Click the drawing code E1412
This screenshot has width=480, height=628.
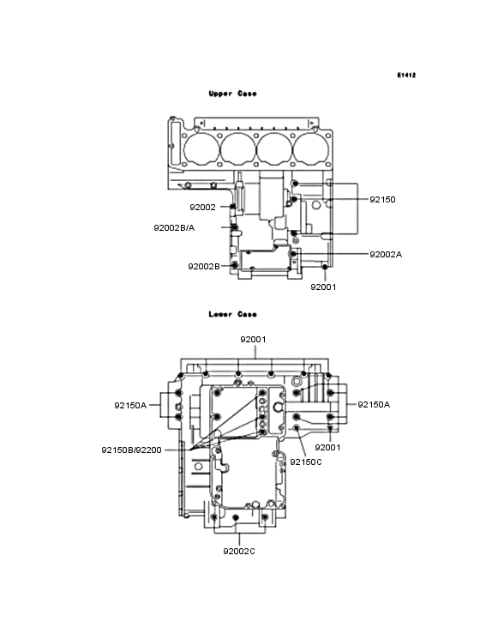pyautogui.click(x=406, y=75)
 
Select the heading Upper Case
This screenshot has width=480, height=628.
pyautogui.click(x=232, y=94)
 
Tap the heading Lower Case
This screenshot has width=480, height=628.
pyautogui.click(x=232, y=314)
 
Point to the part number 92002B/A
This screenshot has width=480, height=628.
pyautogui.click(x=174, y=227)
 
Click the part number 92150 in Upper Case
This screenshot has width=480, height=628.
pyautogui.click(x=382, y=199)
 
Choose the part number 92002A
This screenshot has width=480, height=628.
pyautogui.click(x=385, y=254)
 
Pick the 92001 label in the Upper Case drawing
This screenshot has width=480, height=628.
pyautogui.click(x=323, y=287)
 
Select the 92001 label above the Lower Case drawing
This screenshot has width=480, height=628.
pyautogui.click(x=253, y=339)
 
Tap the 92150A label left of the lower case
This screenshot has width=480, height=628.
pyautogui.click(x=131, y=404)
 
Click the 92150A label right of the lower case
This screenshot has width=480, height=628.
pyautogui.click(x=374, y=404)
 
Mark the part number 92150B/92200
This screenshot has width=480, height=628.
pyautogui.click(x=130, y=449)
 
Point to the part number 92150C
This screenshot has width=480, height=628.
pyautogui.click(x=305, y=462)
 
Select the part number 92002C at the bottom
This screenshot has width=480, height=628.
pyautogui.click(x=239, y=551)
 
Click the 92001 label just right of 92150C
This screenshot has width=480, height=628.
pyautogui.click(x=327, y=447)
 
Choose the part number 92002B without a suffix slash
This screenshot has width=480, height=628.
pyautogui.click(x=204, y=266)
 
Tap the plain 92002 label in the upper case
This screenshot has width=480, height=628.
pyautogui.click(x=202, y=207)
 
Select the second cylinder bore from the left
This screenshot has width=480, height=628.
pyautogui.click(x=237, y=148)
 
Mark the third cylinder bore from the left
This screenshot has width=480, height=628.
pyautogui.click(x=273, y=148)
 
